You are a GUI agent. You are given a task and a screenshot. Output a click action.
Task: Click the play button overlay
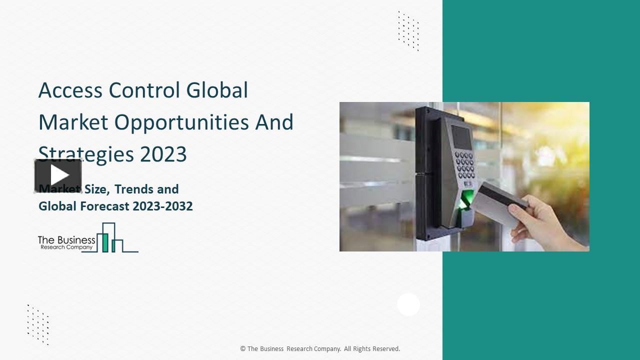(x=58, y=175)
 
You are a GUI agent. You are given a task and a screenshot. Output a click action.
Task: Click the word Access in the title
(x=70, y=90)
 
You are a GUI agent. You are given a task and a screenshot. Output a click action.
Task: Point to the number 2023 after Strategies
(x=163, y=154)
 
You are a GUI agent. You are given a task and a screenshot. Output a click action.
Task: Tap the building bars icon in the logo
(x=112, y=238)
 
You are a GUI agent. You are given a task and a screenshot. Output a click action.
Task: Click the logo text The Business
(x=66, y=240)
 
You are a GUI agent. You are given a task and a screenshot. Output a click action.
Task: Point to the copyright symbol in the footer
(x=243, y=349)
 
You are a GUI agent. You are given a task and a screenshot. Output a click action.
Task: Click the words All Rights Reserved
(x=372, y=349)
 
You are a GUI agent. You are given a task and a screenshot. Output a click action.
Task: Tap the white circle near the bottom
(x=408, y=304)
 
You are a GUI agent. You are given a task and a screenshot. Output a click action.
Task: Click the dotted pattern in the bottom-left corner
(x=38, y=324)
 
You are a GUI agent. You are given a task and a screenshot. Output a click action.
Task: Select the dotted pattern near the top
(x=408, y=31)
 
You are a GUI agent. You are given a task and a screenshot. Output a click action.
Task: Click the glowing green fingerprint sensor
(x=466, y=199)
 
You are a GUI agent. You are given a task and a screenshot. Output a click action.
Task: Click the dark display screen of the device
(x=461, y=136)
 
